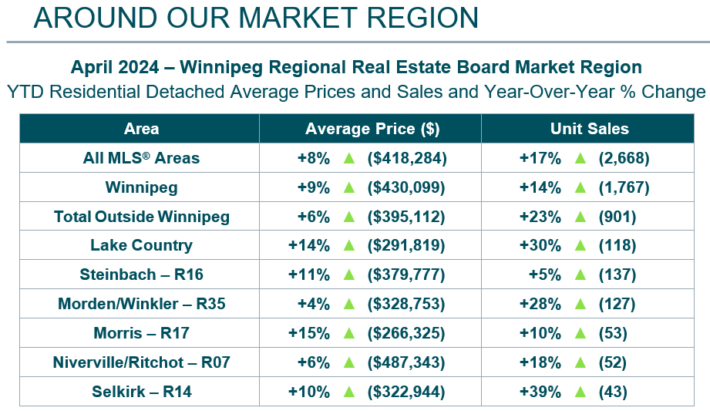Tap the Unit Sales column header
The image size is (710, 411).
click(589, 129)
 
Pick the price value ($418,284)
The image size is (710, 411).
click(407, 158)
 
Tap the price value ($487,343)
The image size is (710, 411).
click(407, 362)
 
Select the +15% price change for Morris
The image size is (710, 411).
click(308, 333)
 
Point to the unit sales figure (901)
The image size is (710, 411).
click(617, 217)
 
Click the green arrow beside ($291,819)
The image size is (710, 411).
click(348, 246)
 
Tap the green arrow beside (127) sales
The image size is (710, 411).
click(580, 304)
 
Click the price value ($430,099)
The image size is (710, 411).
click(407, 187)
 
